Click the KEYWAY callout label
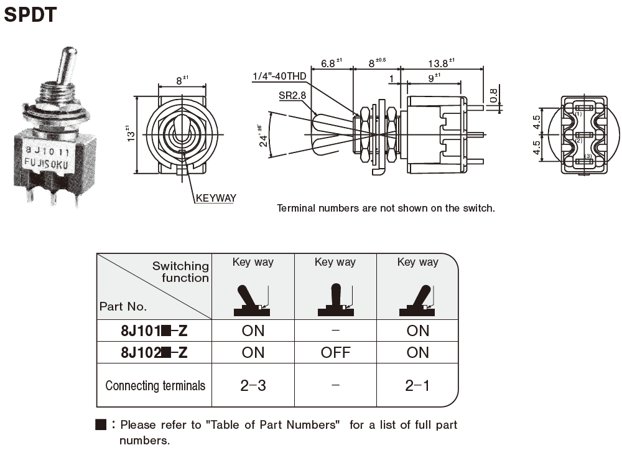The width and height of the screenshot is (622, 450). click(x=216, y=199)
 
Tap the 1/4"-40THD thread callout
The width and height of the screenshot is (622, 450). click(x=279, y=77)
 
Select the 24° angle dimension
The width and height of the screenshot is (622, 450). click(x=262, y=136)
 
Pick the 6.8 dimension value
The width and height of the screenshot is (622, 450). click(x=330, y=63)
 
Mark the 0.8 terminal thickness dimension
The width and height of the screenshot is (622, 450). click(x=493, y=95)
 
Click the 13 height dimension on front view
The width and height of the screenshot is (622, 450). click(x=128, y=134)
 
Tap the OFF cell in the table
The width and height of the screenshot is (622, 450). click(x=335, y=352)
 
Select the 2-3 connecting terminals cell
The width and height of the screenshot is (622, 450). click(x=253, y=385)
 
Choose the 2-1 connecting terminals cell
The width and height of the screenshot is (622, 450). click(x=417, y=385)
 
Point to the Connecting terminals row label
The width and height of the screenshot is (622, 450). click(x=155, y=385)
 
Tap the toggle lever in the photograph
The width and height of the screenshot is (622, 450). click(x=66, y=65)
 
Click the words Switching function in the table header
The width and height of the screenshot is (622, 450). click(x=181, y=272)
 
